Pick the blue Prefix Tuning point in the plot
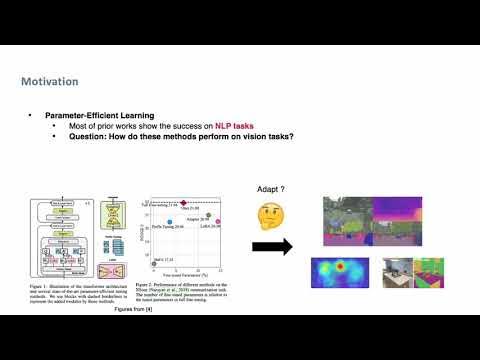[x=170, y=221]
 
